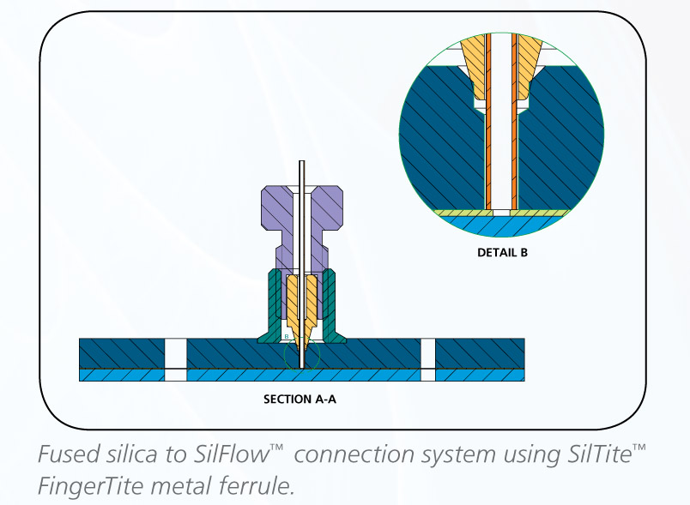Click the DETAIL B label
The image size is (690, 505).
(x=502, y=253)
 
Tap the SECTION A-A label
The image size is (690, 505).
(x=301, y=399)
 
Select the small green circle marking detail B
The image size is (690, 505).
(x=300, y=354)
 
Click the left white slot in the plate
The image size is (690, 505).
(x=175, y=358)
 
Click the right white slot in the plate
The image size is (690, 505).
(x=427, y=358)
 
